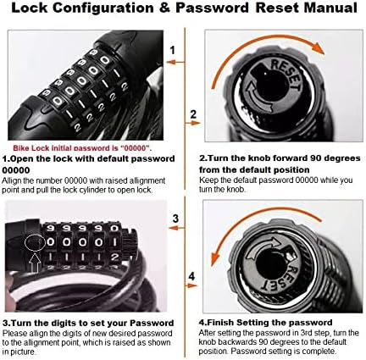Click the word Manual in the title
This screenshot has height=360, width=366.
click(330, 8)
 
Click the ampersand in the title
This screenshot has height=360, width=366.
click(165, 8)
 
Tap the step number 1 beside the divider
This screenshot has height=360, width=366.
click(173, 50)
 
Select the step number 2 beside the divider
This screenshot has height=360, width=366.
click(193, 114)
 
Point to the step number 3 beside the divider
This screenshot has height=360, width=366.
click(175, 219)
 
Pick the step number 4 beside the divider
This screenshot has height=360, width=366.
click(191, 276)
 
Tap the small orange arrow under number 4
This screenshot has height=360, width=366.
click(191, 285)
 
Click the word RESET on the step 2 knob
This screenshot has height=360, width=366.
click(286, 74)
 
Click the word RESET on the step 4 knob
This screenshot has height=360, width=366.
click(281, 278)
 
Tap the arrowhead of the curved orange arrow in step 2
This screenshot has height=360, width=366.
click(319, 47)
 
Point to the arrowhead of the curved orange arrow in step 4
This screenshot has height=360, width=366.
click(216, 258)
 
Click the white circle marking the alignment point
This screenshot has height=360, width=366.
click(35, 242)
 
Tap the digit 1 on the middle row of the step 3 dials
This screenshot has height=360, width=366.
click(114, 242)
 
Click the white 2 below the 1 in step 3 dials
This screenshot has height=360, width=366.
click(114, 258)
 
